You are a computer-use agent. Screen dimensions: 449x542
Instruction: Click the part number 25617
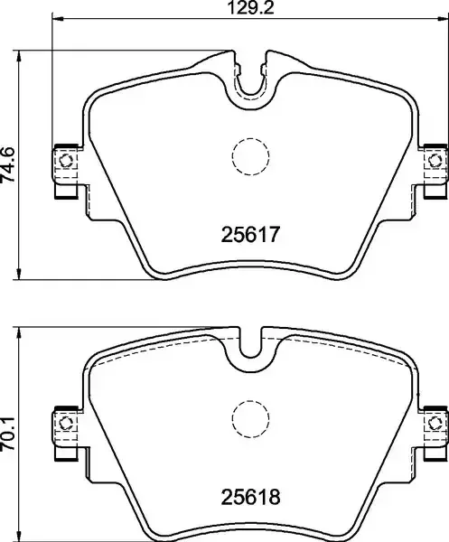click(x=249, y=234)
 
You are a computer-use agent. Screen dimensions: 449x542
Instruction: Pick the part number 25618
click(x=250, y=497)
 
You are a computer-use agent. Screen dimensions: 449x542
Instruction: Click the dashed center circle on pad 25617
click(x=250, y=156)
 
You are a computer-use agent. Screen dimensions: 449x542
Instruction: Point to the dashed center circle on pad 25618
click(x=250, y=419)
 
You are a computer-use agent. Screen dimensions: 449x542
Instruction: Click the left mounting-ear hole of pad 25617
click(x=65, y=161)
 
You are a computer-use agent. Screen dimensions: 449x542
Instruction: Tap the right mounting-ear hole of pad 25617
click(x=435, y=160)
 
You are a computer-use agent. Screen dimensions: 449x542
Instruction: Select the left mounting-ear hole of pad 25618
click(x=65, y=423)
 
